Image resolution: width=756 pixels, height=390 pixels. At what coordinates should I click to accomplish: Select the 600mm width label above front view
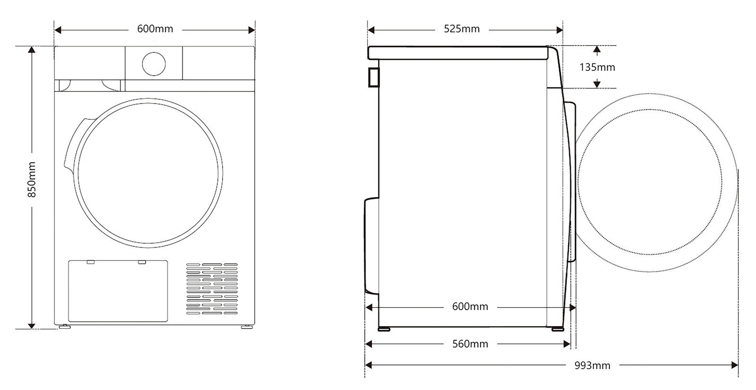tap(155, 29)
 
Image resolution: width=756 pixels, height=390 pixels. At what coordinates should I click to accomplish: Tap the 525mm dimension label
tap(462, 29)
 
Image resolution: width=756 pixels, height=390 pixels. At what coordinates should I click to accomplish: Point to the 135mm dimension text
tap(597, 67)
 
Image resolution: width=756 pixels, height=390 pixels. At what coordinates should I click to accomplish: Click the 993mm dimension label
tap(592, 365)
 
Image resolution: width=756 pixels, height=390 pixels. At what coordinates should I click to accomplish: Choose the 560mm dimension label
tap(470, 344)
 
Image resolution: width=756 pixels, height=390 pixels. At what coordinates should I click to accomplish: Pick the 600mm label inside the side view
tap(470, 307)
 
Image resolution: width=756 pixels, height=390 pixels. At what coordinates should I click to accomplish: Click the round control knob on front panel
tap(154, 63)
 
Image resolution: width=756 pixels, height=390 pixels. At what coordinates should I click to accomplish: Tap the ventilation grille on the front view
tap(211, 289)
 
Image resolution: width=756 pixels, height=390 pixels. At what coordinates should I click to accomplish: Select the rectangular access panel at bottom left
tap(118, 291)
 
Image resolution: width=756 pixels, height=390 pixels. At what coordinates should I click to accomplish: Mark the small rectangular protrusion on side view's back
tap(373, 77)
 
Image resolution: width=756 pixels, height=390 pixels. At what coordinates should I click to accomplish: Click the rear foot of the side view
tap(384, 329)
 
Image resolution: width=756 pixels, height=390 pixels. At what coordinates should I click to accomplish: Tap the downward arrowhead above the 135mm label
tap(597, 50)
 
